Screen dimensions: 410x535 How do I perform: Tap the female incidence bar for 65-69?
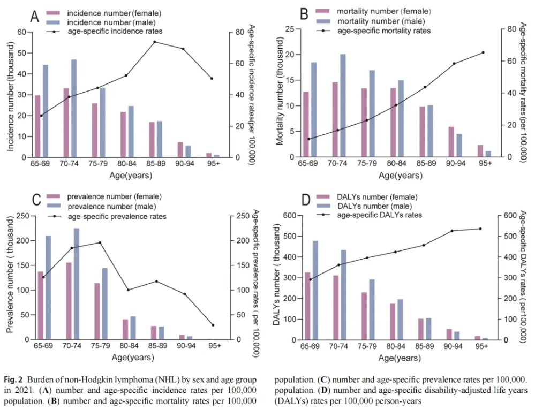point(37,126)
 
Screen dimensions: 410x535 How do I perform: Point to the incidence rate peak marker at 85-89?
point(155,42)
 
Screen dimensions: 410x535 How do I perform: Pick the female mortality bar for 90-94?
point(451,142)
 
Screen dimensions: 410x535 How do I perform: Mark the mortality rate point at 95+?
point(483,52)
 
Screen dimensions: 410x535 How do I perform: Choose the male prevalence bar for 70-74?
point(76,284)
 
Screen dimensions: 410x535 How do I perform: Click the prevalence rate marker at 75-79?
point(100,242)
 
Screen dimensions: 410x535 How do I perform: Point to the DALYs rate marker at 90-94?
point(452,231)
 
